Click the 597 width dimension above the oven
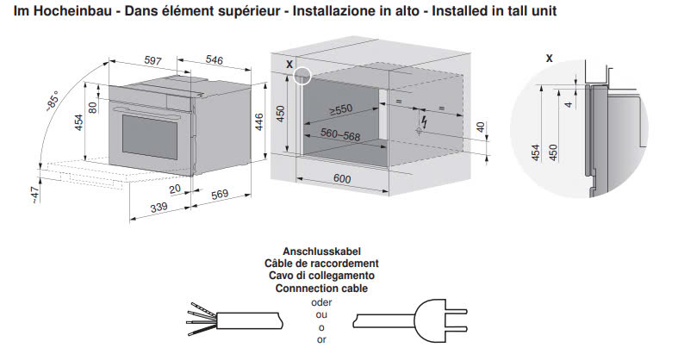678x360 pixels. [152, 61]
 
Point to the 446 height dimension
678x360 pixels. [258, 125]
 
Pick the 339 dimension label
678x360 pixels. [158, 208]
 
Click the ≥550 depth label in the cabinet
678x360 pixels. [340, 110]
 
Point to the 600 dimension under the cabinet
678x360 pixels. [342, 178]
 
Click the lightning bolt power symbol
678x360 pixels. [421, 129]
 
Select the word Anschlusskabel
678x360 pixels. [321, 251]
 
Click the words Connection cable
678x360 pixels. [321, 289]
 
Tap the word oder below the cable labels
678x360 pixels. [320, 302]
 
